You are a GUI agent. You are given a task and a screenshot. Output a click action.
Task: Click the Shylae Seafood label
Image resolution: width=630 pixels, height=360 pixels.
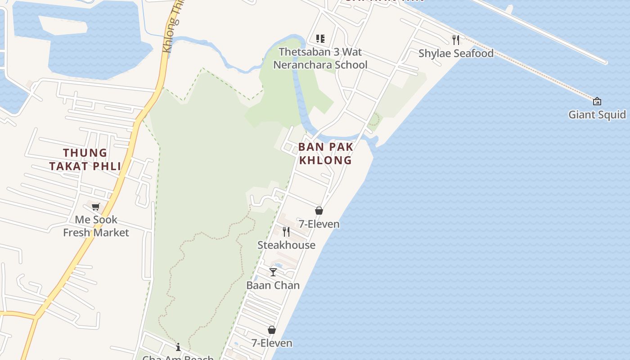click(456, 53)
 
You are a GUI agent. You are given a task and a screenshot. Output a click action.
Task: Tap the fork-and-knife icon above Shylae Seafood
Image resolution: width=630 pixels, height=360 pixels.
click(456, 40)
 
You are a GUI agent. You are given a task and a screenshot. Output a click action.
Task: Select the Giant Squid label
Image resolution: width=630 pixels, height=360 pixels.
click(597, 114)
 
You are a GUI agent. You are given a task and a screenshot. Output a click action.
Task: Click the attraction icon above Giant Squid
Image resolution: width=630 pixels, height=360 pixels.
click(597, 101)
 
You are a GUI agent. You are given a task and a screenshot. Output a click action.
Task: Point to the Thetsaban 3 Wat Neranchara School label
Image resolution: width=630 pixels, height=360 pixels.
click(320, 58)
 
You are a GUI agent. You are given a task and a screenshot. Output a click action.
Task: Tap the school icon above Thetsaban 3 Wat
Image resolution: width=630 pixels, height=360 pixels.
click(320, 39)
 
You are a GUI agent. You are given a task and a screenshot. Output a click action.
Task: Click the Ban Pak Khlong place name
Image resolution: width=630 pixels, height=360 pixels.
click(325, 153)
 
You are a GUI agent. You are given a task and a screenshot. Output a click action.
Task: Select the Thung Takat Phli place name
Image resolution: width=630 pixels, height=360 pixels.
click(85, 160)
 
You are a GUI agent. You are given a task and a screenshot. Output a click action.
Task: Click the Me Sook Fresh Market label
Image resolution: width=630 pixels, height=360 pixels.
click(96, 226)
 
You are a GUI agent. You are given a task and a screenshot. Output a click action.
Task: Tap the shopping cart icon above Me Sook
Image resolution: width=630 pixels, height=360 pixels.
click(95, 207)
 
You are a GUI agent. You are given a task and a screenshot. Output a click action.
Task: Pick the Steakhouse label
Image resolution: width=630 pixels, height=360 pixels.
click(286, 245)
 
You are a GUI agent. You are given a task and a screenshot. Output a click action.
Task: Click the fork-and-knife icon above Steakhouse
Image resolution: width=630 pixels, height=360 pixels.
click(286, 232)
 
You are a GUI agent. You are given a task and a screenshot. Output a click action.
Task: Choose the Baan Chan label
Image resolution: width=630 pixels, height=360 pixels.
click(273, 285)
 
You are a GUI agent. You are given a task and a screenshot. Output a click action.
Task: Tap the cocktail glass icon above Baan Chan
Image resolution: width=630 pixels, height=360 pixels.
click(273, 272)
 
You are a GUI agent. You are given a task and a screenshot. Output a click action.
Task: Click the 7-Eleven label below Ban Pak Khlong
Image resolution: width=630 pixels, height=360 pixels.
click(319, 224)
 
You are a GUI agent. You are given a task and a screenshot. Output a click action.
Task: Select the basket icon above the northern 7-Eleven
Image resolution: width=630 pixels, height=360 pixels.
click(319, 211)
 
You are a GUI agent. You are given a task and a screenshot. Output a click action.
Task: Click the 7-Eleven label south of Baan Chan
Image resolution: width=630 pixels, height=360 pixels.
click(272, 343)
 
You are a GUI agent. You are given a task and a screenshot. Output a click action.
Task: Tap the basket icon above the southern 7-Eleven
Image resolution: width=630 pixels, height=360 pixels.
click(272, 330)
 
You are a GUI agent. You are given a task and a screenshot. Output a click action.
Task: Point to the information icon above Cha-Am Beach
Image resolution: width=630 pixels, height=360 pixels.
click(178, 347)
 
